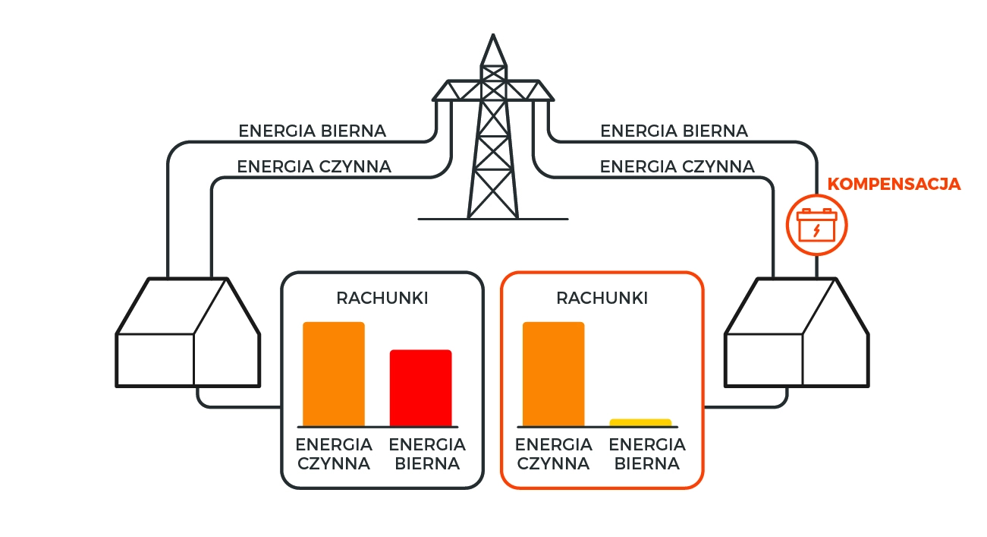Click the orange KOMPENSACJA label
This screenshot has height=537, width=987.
[894, 184]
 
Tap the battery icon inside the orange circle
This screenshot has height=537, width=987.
[816, 225]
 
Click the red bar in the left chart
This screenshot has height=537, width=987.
[421, 388]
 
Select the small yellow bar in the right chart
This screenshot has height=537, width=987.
[640, 423]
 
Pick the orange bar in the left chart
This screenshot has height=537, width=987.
[334, 374]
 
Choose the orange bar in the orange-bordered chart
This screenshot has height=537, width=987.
[553, 374]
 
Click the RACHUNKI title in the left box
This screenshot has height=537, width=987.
[382, 299]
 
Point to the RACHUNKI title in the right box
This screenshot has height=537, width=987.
[602, 299]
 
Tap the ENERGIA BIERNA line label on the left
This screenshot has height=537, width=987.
[313, 131]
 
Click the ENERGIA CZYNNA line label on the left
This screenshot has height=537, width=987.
[314, 167]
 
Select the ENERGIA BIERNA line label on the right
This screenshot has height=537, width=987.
[674, 131]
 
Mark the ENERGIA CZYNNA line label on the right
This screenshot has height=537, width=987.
[677, 167]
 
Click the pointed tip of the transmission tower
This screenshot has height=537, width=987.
[493, 35]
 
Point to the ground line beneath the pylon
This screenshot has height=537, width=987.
[493, 219]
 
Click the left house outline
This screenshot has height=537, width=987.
[188, 332]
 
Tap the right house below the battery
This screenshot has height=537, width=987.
[797, 332]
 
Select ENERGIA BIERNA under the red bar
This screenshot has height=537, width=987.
[427, 454]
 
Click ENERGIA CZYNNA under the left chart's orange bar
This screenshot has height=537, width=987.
[334, 454]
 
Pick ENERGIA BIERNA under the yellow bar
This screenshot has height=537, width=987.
[647, 454]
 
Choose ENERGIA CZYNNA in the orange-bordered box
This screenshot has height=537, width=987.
[553, 454]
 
